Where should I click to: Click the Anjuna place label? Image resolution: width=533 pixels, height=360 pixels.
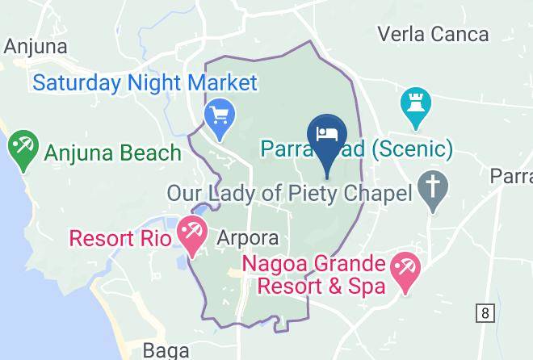[36, 47]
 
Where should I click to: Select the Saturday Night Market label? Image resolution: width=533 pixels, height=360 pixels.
[145, 82]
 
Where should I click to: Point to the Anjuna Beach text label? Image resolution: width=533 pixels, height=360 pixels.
[112, 152]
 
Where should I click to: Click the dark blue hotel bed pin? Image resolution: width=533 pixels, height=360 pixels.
[327, 134]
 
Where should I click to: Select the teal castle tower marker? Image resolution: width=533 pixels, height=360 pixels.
[417, 106]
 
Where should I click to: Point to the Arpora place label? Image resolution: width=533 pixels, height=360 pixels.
[249, 239]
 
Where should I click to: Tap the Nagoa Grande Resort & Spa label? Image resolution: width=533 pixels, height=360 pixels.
[316, 274]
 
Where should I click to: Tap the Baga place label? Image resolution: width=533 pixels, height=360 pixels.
[166, 350]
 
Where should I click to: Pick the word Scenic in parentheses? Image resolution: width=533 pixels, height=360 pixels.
[409, 149]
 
